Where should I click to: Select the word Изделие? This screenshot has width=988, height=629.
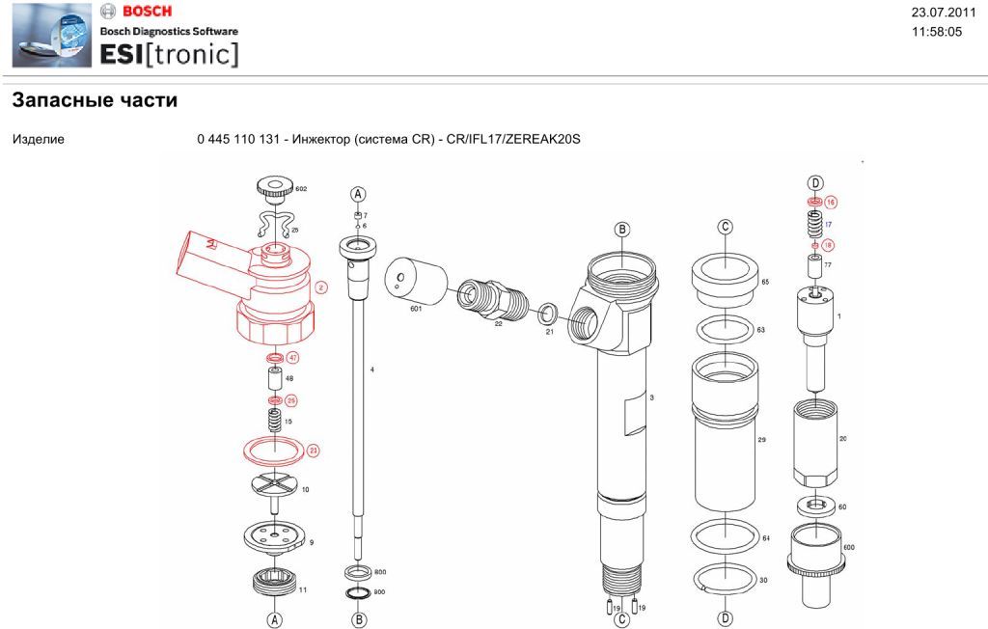tap(39, 140)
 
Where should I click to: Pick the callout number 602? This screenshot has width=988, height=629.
tap(301, 190)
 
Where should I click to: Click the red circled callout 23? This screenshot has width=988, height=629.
tap(313, 450)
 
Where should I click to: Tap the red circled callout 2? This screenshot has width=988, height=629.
tap(321, 287)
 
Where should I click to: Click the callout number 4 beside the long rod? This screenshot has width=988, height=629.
tap(371, 369)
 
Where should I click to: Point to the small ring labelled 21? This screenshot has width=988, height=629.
tap(549, 312)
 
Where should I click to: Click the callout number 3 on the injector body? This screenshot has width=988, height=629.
tap(652, 397)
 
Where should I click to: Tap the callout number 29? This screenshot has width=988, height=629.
tap(761, 439)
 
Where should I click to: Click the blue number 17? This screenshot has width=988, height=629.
tap(828, 223)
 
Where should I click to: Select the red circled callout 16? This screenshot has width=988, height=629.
tap(830, 202)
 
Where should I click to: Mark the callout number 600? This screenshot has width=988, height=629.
tap(849, 547)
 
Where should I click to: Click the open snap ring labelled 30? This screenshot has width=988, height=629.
tap(725, 579)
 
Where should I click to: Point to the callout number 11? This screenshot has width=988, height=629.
tap(302, 588)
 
